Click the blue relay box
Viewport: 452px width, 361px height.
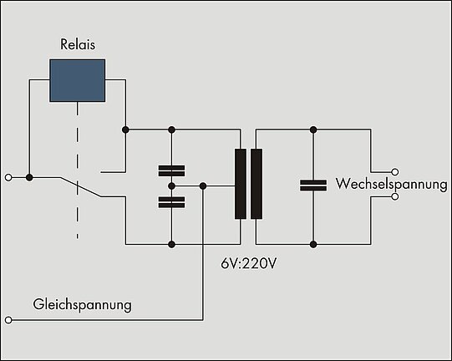pos(77,80)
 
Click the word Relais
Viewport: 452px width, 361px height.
pos(78,44)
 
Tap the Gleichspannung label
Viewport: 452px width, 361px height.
pos(82,305)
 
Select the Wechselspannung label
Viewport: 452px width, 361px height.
pos(392,184)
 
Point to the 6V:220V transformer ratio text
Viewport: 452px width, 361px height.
pos(248,263)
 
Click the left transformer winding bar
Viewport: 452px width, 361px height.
pos(241,184)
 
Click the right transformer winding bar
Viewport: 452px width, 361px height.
pos(256,184)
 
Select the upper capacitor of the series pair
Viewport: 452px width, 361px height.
pos(171,170)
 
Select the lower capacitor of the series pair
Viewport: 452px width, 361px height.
pos(171,202)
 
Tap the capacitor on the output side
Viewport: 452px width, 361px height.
pos(313,186)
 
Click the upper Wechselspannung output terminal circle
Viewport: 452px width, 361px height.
pos(395,172)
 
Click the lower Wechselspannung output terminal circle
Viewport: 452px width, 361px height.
pos(395,196)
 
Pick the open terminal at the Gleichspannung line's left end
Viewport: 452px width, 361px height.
pos(8,320)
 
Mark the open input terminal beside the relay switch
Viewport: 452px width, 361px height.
pos(8,177)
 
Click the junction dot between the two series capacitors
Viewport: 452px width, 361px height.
pos(171,186)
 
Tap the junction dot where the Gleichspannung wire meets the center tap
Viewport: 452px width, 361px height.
pos(203,186)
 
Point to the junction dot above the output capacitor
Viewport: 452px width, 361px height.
pos(313,130)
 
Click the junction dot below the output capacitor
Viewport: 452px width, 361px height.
pos(313,245)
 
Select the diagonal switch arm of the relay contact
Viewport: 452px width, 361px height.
pos(81,187)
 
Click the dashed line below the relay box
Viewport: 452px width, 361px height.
pos(77,170)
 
